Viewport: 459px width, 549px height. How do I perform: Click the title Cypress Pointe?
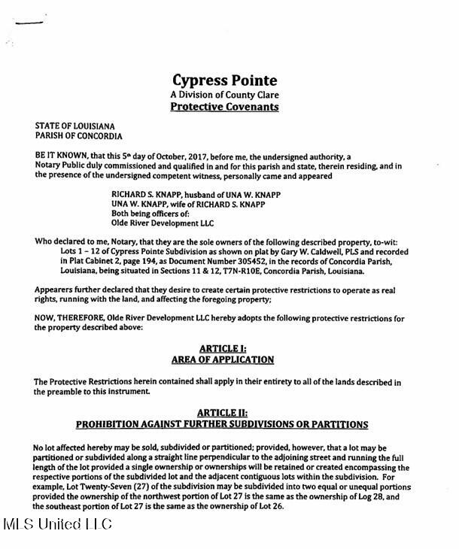pos(223,79)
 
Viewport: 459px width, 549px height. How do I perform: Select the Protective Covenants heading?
pos(223,107)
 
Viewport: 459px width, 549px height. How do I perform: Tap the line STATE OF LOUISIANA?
pos(74,126)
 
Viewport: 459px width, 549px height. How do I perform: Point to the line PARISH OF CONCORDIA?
pos(78,136)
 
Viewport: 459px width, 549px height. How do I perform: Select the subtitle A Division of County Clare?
pos(223,93)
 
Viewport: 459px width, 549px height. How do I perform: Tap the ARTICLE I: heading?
pos(223,348)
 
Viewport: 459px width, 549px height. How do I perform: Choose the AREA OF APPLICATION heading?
pos(223,359)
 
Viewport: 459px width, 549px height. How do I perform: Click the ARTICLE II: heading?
pos(223,413)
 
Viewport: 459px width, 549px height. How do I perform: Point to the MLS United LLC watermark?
pos(56,523)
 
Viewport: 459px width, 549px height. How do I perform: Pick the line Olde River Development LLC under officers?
pos(162,223)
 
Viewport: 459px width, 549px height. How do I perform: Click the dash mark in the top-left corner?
pos(29,23)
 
